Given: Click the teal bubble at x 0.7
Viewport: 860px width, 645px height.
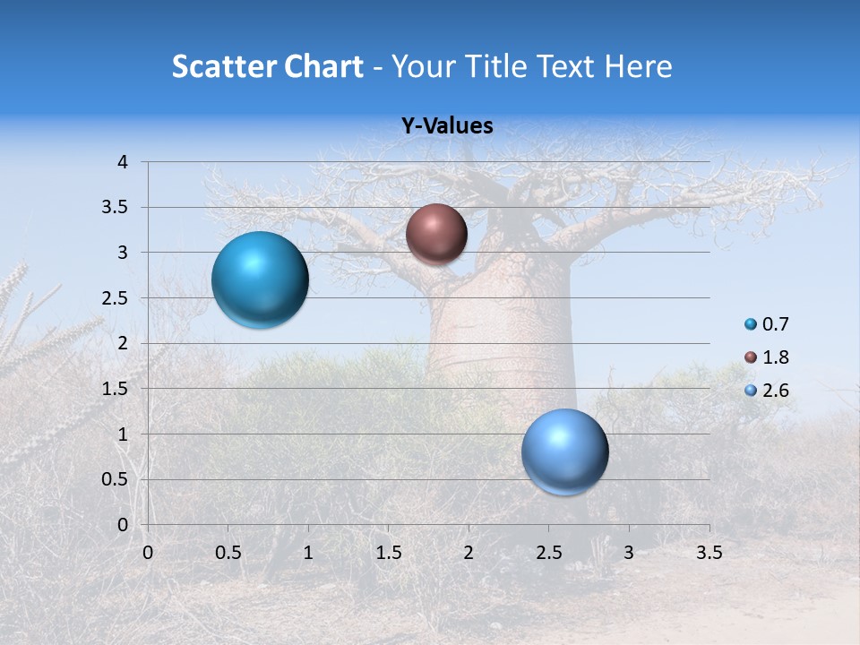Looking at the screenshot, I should (x=260, y=279).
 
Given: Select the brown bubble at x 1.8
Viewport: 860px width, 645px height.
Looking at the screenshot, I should (x=436, y=234).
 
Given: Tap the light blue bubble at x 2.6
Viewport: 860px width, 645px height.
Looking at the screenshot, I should (x=564, y=451).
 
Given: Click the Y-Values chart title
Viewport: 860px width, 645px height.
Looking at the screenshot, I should (x=447, y=126).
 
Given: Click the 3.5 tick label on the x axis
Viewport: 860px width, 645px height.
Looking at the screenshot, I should (x=709, y=553).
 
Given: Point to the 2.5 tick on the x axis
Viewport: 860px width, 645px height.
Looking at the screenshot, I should (x=548, y=553).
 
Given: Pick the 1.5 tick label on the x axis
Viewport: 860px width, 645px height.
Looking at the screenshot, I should (x=388, y=553).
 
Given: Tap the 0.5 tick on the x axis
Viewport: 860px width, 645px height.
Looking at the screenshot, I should (x=228, y=553).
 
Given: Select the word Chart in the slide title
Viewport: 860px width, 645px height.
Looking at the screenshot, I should (x=323, y=66).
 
